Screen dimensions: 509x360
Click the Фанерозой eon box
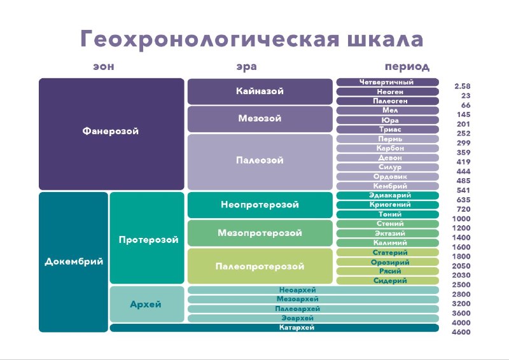[111, 134]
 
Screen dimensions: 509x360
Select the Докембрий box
[73, 262]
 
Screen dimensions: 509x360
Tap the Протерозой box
[147, 238]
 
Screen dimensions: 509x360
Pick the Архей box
[147, 304]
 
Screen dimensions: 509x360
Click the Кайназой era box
[260, 91]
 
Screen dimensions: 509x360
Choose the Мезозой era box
[260, 119]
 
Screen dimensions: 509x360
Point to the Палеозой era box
[260, 162]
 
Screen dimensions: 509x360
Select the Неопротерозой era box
[260, 205]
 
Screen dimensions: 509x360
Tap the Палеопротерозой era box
[260, 267]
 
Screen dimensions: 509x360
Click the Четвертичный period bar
[387, 82]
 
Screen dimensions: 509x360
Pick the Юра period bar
[387, 120]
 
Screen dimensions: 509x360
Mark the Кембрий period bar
[387, 186]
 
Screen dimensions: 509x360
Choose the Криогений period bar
[387, 205]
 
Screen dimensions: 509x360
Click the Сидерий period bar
[387, 280]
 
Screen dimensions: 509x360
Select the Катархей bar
[274, 328]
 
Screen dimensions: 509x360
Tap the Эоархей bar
[313, 318]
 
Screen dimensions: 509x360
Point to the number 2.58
[463, 87]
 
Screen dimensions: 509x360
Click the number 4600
[461, 332]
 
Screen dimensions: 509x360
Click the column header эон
[104, 67]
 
